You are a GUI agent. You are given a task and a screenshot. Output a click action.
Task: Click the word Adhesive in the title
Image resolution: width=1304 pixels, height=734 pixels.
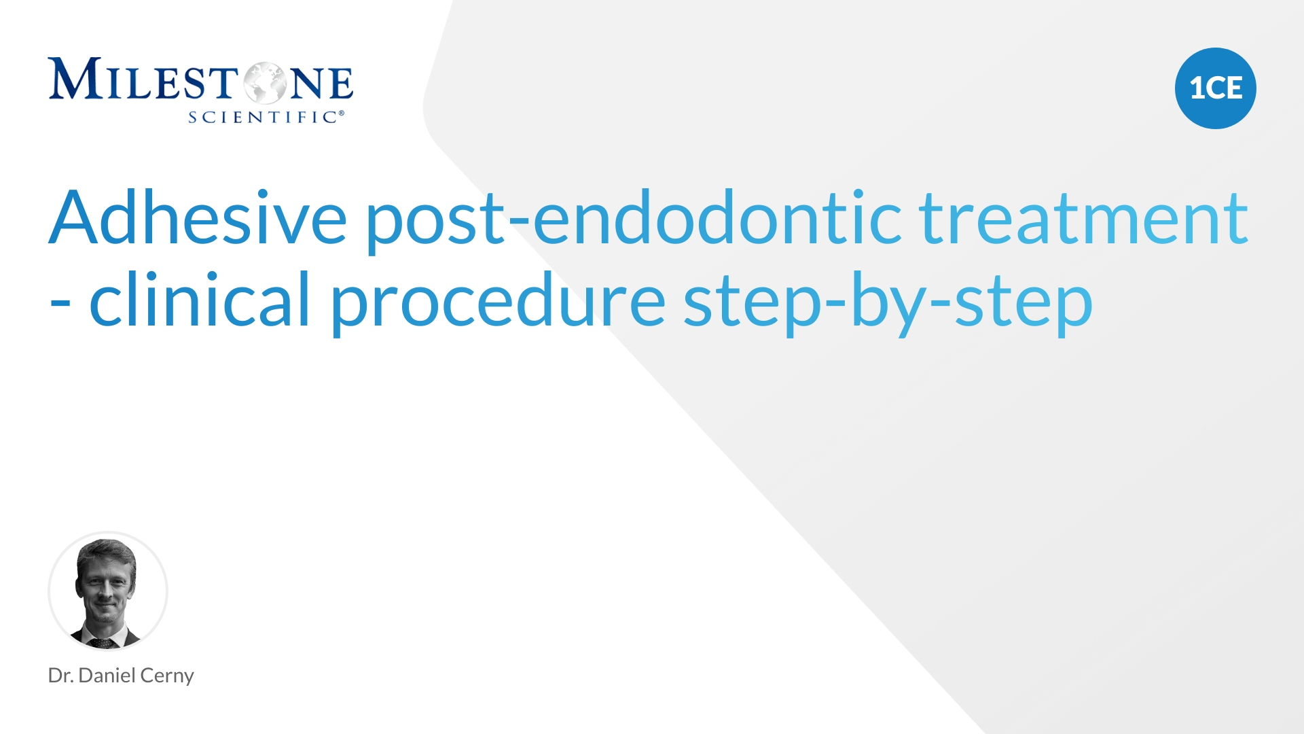[x=198, y=217]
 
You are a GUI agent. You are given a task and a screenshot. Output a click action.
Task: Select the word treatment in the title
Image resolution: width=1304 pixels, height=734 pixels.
[x=1084, y=217]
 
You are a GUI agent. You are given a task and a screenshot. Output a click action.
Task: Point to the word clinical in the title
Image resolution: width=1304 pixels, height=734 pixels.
[x=200, y=298]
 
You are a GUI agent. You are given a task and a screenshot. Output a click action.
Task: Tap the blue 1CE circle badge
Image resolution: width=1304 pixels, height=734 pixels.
[x=1216, y=88]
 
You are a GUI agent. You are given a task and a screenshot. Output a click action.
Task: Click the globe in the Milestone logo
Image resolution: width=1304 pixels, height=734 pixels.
[x=266, y=84]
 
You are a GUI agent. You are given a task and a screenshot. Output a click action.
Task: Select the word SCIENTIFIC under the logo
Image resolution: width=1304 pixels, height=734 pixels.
[x=262, y=118]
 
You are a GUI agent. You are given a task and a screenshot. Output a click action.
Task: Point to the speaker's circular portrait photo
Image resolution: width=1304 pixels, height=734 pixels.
[x=108, y=591]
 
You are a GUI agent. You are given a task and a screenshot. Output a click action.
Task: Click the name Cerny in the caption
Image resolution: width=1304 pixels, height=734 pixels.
[x=167, y=676]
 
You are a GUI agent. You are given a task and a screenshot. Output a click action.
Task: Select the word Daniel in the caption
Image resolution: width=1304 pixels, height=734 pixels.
[x=107, y=675]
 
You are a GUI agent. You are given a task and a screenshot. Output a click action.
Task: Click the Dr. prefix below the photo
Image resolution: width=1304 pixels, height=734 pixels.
[x=60, y=676]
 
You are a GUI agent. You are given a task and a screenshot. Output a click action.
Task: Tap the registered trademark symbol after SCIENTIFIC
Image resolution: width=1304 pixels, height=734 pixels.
[x=341, y=113]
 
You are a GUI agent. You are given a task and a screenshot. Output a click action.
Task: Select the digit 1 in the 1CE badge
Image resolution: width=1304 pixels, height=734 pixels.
[x=1197, y=88]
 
